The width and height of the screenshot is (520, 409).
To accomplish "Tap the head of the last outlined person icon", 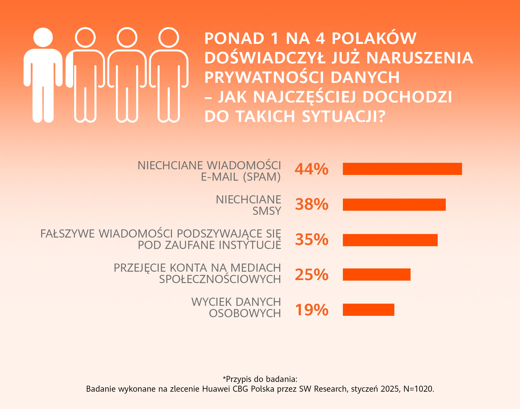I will pyautogui.click(x=168, y=38).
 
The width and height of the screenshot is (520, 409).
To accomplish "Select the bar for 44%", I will pyautogui.click(x=402, y=169).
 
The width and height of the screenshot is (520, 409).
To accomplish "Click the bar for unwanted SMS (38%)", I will pyautogui.click(x=394, y=204).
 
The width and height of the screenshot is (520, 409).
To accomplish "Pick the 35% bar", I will pyautogui.click(x=390, y=240).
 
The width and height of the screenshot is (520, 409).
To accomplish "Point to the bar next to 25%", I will pyautogui.click(x=376, y=274).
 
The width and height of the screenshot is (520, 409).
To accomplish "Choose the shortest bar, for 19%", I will pyautogui.click(x=368, y=310).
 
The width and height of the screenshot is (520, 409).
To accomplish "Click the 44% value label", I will pyautogui.click(x=311, y=169).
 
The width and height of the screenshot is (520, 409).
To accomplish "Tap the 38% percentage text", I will pyautogui.click(x=311, y=204).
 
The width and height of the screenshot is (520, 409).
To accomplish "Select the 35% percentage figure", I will pyautogui.click(x=311, y=240).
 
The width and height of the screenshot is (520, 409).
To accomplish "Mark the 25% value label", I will pyautogui.click(x=311, y=274).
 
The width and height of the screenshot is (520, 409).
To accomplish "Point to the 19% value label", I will pyautogui.click(x=311, y=310).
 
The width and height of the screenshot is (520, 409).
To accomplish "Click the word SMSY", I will pyautogui.click(x=267, y=211).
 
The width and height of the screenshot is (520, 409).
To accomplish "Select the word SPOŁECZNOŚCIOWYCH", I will pyautogui.click(x=220, y=279).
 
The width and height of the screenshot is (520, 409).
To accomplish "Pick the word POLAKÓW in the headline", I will pyautogui.click(x=374, y=38).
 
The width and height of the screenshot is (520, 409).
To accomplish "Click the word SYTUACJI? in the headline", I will pyautogui.click(x=343, y=116).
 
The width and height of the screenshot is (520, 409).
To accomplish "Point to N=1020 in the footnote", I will pyautogui.click(x=418, y=389).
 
